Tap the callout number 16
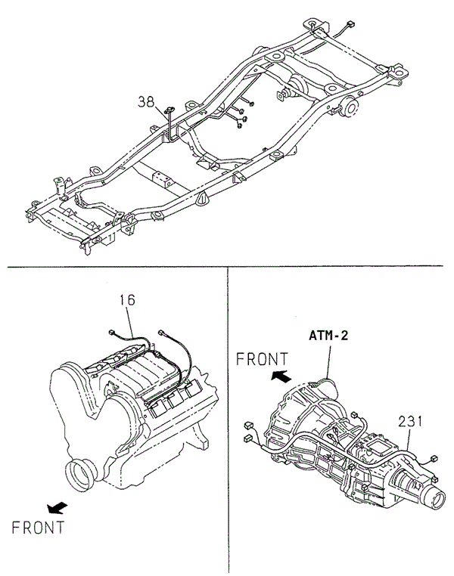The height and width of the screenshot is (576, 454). coord(126,300)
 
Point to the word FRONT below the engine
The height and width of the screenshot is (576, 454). coord(38,526)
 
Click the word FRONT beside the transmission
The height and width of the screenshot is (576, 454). coord(261,359)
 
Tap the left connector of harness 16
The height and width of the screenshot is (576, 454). coord(113,333)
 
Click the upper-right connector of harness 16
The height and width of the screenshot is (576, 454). coord(162,330)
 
